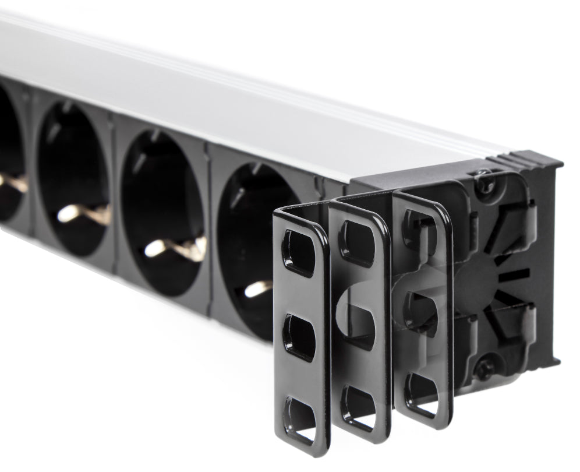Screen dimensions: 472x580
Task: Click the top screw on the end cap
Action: coord(484,182)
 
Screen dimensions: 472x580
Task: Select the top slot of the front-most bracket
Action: coord(299,252)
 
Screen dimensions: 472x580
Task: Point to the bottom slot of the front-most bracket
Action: coord(300,420)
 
